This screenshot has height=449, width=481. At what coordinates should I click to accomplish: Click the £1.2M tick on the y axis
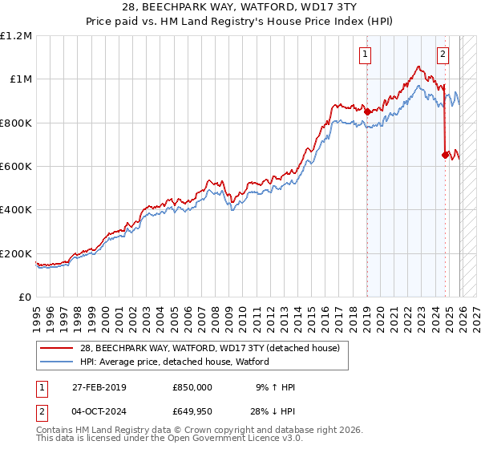tap(16, 36)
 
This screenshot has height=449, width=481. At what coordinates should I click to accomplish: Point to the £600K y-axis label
tap(16, 167)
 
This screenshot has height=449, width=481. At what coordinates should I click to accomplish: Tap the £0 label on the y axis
tap(24, 297)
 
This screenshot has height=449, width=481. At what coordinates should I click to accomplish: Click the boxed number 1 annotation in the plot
tap(366, 55)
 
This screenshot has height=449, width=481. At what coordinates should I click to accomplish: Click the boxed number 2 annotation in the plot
tap(443, 55)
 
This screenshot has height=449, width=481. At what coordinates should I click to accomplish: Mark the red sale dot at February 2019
tap(368, 112)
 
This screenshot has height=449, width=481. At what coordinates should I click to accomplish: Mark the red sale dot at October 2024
tap(445, 156)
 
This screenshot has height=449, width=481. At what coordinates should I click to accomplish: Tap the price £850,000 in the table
tap(192, 387)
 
